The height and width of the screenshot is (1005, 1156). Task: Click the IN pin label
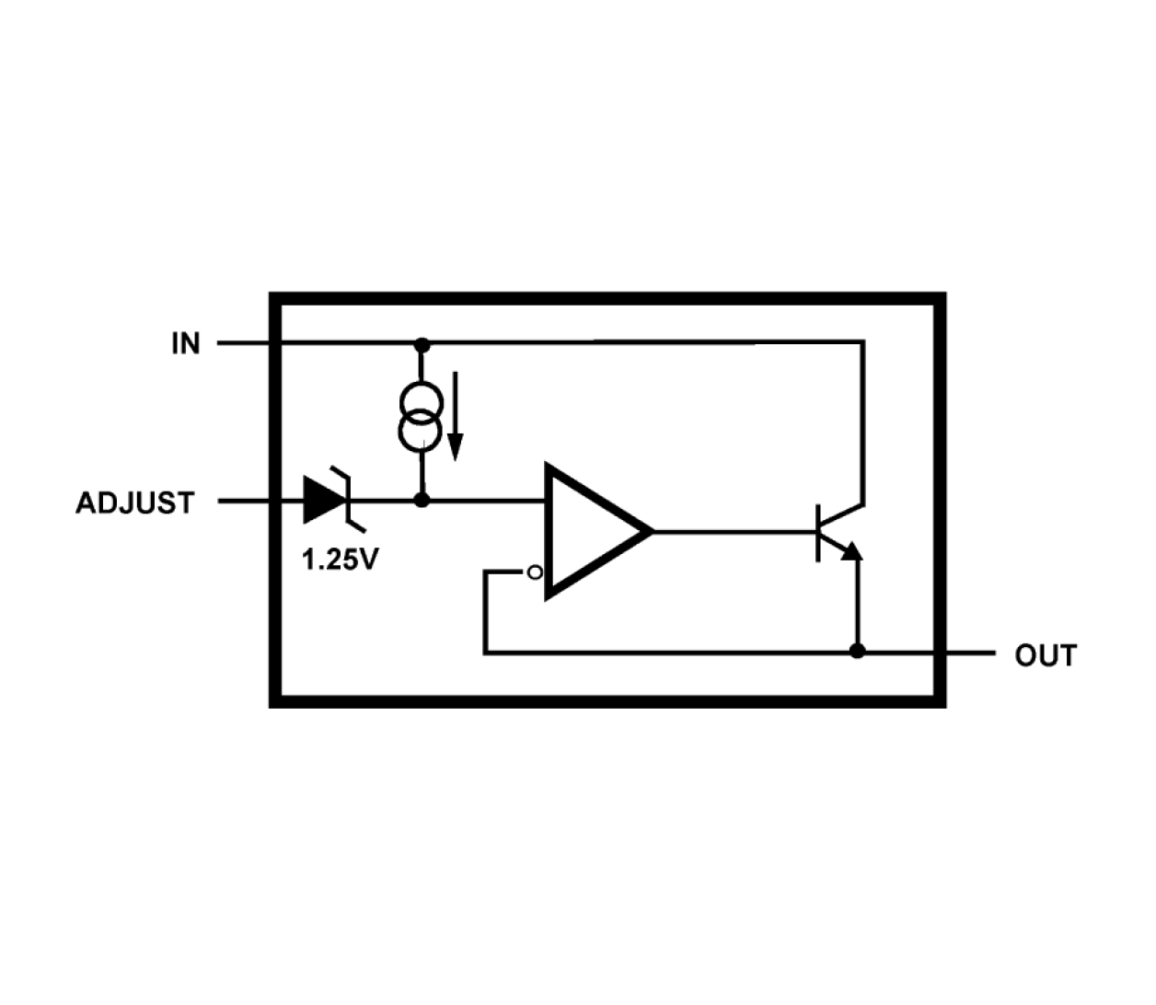[x=185, y=343]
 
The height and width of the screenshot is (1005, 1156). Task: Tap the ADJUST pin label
[x=135, y=503]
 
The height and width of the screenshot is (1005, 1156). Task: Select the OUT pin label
[x=1046, y=656]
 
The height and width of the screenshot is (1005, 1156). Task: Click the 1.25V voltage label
[x=340, y=559]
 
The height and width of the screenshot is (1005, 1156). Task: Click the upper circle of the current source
[x=422, y=402]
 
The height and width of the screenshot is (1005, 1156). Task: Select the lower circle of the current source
[x=422, y=432]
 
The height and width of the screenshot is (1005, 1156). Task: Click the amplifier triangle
[x=589, y=531]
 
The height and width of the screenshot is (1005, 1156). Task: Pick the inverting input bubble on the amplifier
[x=535, y=573]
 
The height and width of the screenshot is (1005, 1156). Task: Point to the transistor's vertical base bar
[x=818, y=532]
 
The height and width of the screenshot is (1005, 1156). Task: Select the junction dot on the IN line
[x=422, y=344]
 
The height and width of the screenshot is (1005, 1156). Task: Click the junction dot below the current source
[x=422, y=501]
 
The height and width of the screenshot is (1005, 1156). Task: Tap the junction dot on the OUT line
[x=857, y=652]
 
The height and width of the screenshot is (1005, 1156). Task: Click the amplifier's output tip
[x=650, y=531]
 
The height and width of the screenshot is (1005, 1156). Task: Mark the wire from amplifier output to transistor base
[x=736, y=531]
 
